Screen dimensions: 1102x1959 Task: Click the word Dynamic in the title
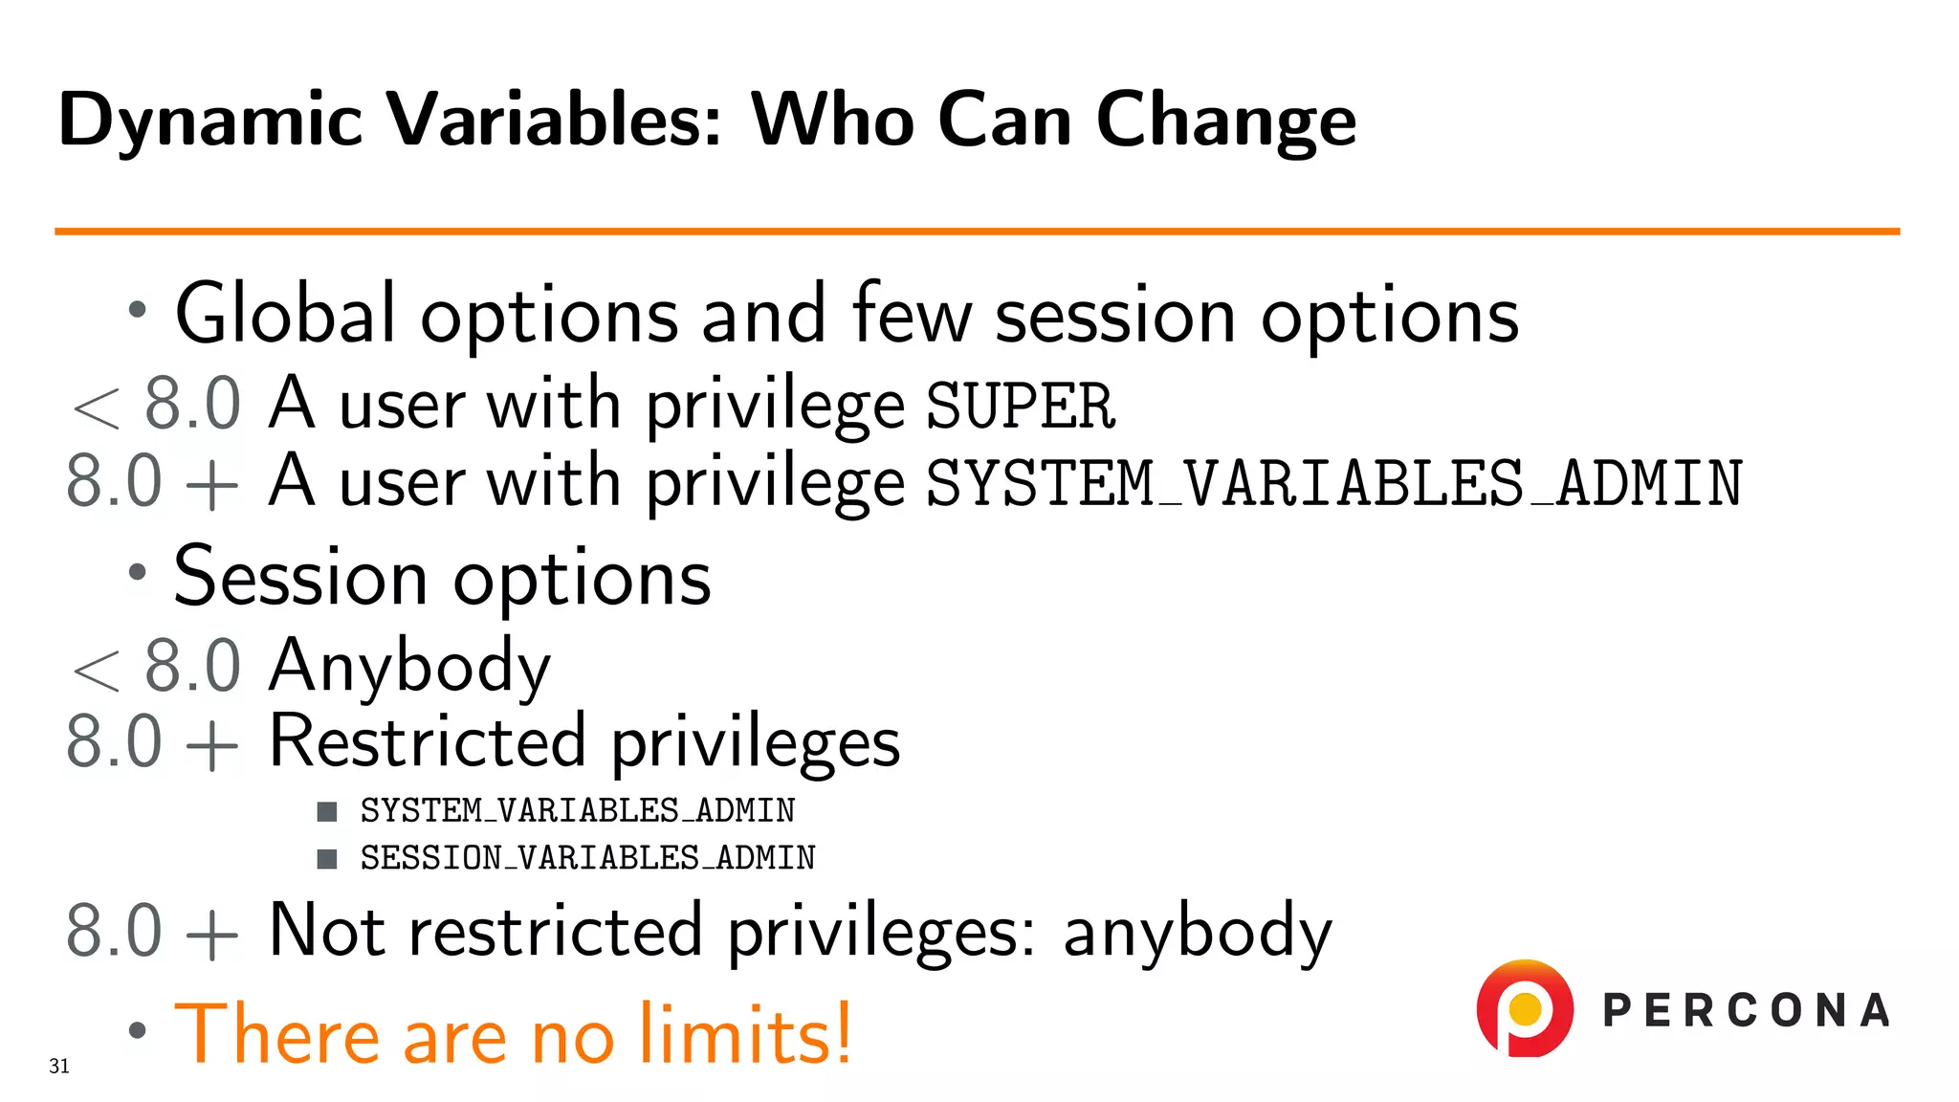[x=210, y=120]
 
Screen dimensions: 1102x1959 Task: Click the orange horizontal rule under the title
[x=976, y=231]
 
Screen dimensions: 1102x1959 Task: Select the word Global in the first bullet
[x=285, y=314]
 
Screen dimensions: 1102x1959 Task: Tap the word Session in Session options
[x=299, y=577]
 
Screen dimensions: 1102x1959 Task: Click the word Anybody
[x=409, y=666]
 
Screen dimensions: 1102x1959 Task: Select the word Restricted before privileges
[x=427, y=742]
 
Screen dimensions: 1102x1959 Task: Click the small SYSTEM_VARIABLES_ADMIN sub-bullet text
[x=577, y=811]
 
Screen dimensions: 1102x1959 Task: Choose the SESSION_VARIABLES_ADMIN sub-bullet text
[x=587, y=858]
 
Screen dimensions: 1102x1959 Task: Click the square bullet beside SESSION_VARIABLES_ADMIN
[x=327, y=858]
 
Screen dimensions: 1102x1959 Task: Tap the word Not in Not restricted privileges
[x=327, y=930]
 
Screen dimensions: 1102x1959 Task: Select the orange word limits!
[x=744, y=1034]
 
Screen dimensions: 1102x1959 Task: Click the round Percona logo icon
[x=1524, y=1008]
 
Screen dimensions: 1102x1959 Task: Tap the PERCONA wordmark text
[x=1746, y=1010]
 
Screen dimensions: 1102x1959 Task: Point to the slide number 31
[x=59, y=1066]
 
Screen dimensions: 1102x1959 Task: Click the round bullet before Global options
[x=138, y=310]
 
